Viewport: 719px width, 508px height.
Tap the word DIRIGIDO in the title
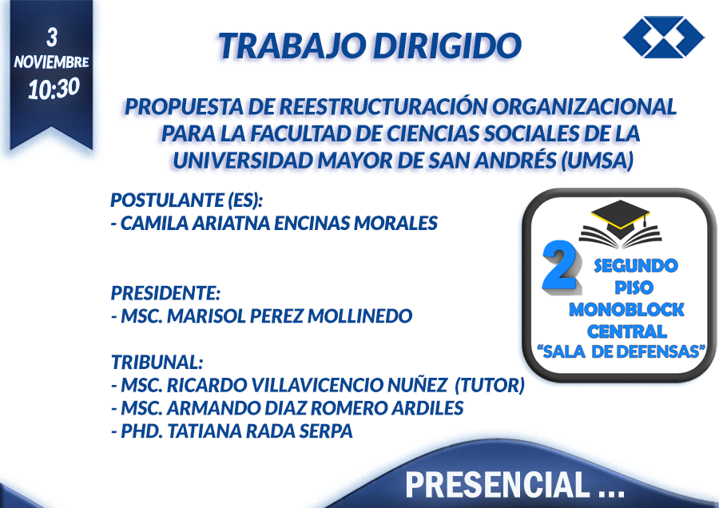coord(447,46)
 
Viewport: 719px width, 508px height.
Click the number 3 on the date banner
coord(51,38)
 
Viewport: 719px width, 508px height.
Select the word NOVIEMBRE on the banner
coord(51,62)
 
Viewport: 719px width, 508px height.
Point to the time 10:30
coord(54,89)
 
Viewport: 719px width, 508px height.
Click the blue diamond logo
coord(663,37)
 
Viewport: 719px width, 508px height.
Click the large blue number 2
coord(560,265)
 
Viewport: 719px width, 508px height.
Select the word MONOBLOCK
coord(626,310)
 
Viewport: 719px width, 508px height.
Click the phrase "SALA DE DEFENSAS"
coord(622,351)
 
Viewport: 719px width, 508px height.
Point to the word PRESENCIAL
coord(498,485)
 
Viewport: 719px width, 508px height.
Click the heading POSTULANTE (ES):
coord(187,200)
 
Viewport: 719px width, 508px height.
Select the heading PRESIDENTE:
coord(165,293)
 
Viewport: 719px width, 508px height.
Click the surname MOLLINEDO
coord(360,316)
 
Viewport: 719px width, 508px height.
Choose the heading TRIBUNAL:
coord(157,362)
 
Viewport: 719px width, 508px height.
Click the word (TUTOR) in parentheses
coord(490,385)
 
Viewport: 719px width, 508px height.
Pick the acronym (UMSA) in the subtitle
coord(598,161)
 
